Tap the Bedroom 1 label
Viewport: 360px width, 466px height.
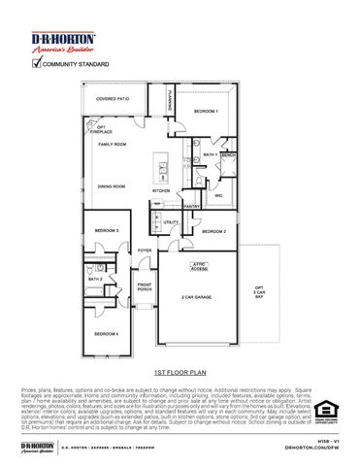click(206, 112)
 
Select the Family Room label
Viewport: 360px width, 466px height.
click(113, 144)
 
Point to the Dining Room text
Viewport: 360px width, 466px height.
click(112, 186)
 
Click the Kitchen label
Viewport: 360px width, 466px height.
click(161, 191)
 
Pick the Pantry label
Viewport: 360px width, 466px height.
click(191, 206)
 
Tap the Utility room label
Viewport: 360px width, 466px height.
click(171, 223)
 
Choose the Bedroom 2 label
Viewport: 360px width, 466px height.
click(214, 232)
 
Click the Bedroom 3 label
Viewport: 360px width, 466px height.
click(107, 230)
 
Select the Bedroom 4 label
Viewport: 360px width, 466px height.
click(106, 334)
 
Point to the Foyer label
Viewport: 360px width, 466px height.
click(145, 250)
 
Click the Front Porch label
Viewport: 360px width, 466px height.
click(145, 287)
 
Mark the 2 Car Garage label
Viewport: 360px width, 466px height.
click(197, 297)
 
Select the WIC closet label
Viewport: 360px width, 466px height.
click(218, 196)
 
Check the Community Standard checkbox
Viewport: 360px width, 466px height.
click(37, 64)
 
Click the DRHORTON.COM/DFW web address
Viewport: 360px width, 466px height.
click(311, 449)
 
